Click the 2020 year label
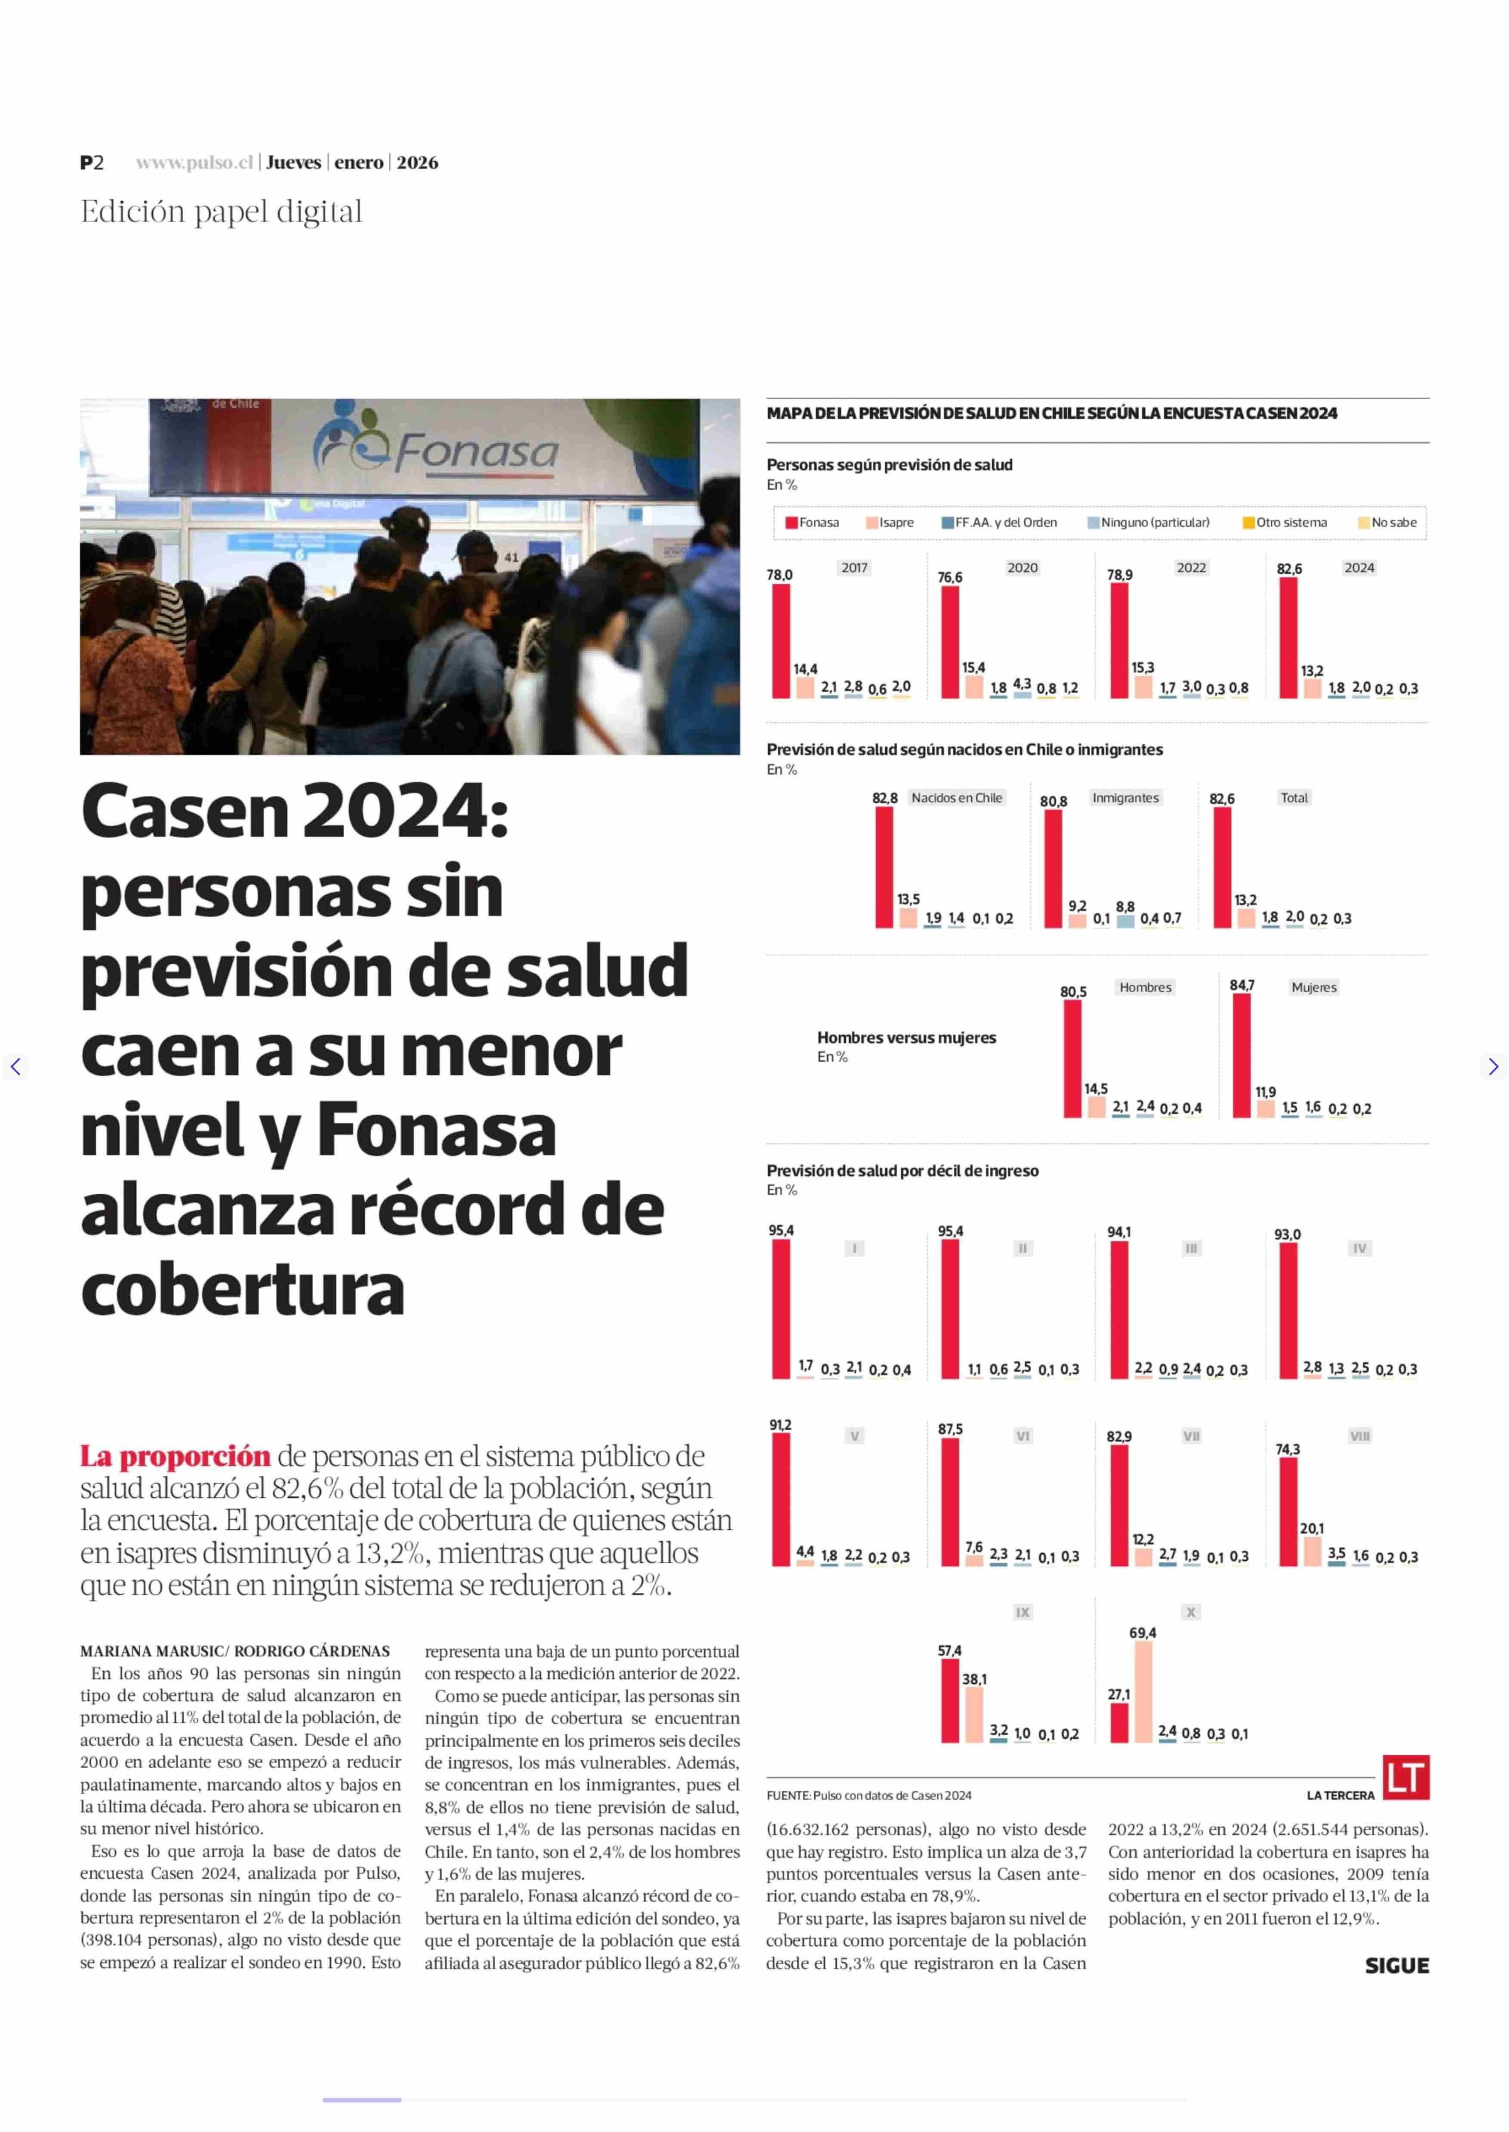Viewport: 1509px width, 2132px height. point(1022,568)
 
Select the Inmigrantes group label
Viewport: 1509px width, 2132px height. point(1125,798)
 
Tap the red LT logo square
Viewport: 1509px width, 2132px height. point(1406,1777)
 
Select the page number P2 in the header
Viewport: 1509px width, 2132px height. point(92,163)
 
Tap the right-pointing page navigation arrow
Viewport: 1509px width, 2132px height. point(1492,1066)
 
